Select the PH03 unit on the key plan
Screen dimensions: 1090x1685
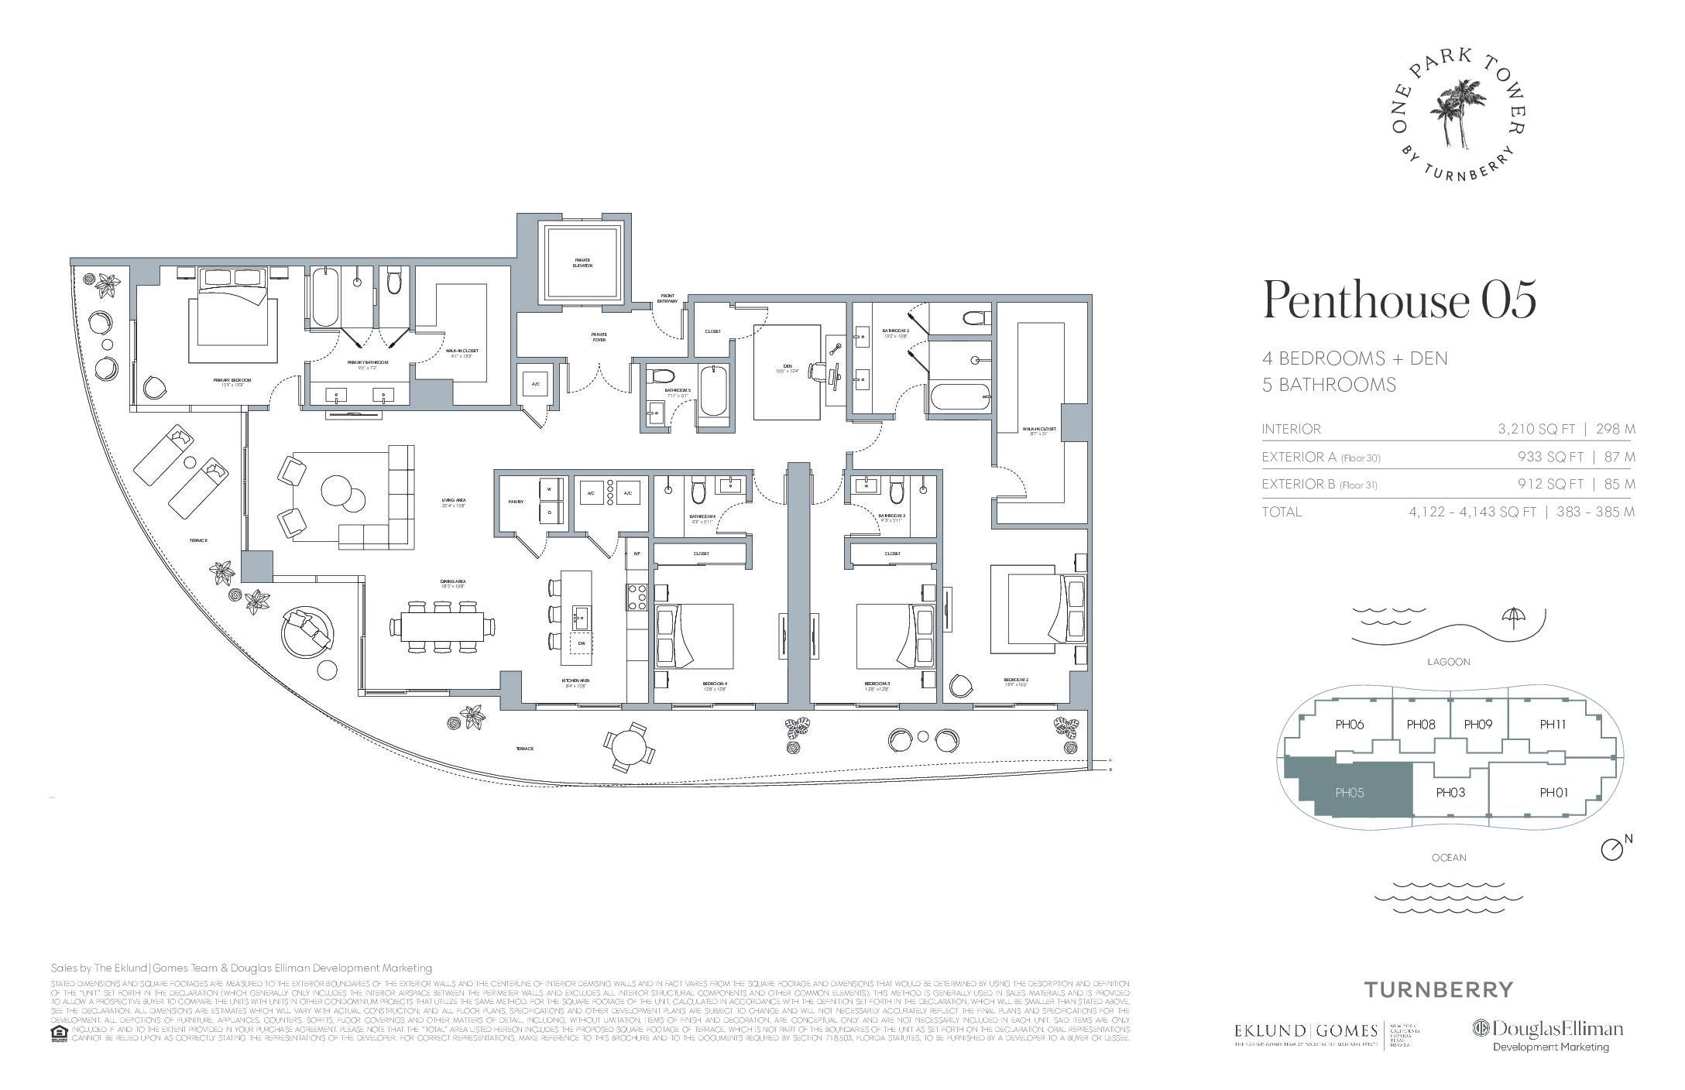(1450, 792)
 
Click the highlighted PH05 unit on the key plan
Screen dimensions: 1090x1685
(1349, 793)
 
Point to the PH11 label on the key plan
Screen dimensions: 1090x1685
(1553, 725)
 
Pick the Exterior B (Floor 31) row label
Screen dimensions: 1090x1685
(1320, 485)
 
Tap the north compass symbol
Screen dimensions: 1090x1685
(1611, 849)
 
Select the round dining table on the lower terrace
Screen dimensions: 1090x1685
(629, 747)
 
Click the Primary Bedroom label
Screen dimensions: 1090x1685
(238, 380)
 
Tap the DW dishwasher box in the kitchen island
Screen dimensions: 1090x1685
(581, 643)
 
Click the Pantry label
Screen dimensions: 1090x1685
(516, 502)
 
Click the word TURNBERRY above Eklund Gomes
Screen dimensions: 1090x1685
(1437, 989)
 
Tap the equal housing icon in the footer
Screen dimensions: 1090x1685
(57, 1034)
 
